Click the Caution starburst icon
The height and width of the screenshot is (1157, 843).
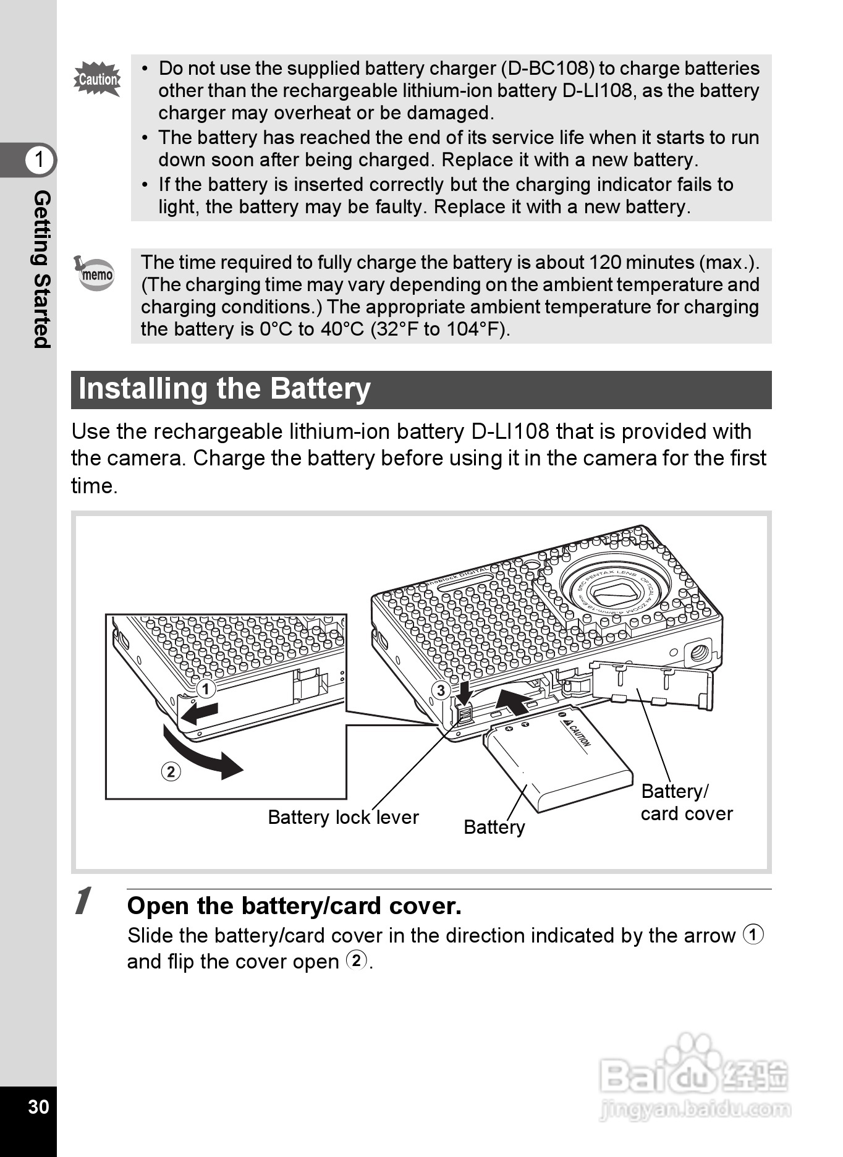(97, 79)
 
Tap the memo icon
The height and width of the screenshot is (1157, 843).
(95, 273)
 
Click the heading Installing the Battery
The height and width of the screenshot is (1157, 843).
(224, 389)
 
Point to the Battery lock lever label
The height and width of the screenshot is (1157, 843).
(343, 817)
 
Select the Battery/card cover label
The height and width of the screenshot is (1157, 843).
(686, 802)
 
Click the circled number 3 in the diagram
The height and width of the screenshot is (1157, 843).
(440, 690)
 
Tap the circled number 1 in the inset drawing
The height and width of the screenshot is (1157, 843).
(206, 689)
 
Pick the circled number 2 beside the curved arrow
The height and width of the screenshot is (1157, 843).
(171, 771)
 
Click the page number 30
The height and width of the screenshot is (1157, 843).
(38, 1106)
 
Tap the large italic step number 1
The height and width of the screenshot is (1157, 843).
(83, 901)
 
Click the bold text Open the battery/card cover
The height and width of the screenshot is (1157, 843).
(294, 906)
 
